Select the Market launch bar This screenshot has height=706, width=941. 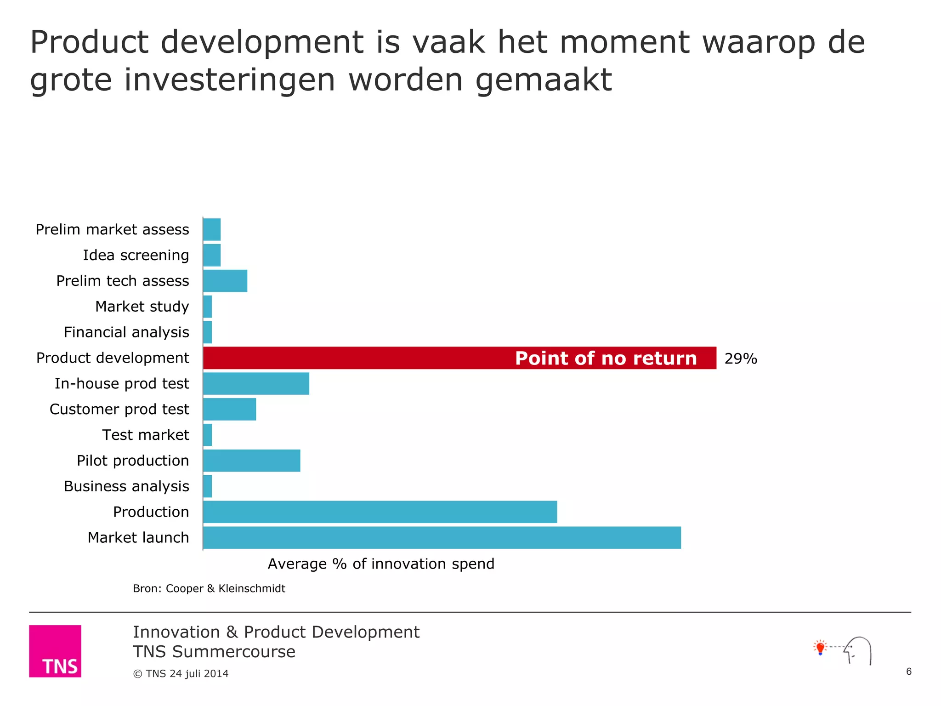tap(442, 537)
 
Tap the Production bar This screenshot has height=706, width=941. tap(380, 512)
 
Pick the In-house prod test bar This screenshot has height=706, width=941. tap(256, 384)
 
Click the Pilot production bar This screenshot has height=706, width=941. tap(251, 461)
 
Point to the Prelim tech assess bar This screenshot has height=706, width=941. tap(225, 281)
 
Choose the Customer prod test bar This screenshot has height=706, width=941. tap(229, 409)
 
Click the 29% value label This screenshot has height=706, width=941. tap(741, 359)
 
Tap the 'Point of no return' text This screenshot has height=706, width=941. tap(606, 359)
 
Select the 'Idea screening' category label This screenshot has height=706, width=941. tap(136, 255)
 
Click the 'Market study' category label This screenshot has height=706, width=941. tap(142, 307)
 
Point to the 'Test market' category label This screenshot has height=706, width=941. tap(145, 435)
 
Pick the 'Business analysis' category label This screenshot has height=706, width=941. tap(126, 486)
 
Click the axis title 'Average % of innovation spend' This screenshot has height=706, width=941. tap(381, 564)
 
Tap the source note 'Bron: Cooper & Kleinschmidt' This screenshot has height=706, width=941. tap(209, 588)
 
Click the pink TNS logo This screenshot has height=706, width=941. tap(55, 651)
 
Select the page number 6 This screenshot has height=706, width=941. tap(908, 672)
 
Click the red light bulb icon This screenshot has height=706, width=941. tap(820, 648)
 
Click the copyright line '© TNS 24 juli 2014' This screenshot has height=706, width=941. tap(181, 673)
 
